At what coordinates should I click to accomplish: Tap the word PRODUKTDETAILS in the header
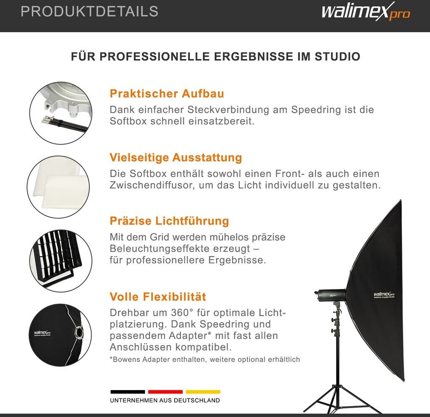pyautogui.click(x=90, y=11)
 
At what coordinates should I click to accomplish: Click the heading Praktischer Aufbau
pyautogui.click(x=167, y=94)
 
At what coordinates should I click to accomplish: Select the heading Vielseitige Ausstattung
pyautogui.click(x=176, y=158)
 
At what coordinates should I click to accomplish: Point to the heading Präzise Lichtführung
pyautogui.click(x=169, y=221)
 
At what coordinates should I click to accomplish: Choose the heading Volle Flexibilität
pyautogui.click(x=158, y=297)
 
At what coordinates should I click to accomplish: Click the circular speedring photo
pyautogui.click(x=60, y=113)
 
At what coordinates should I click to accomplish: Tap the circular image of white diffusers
pyautogui.click(x=58, y=187)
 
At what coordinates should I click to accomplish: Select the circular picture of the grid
pyautogui.click(x=60, y=261)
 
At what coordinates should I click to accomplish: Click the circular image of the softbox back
pyautogui.click(x=60, y=335)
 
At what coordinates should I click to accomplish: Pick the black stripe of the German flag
pyautogui.click(x=128, y=392)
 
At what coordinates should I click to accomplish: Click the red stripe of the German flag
pyautogui.click(x=165, y=392)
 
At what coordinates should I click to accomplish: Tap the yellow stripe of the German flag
pyautogui.click(x=203, y=392)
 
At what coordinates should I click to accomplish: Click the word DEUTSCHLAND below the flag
pyautogui.click(x=197, y=401)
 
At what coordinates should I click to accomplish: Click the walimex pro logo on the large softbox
pyautogui.click(x=384, y=295)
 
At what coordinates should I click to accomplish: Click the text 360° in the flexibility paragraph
pyautogui.click(x=182, y=313)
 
